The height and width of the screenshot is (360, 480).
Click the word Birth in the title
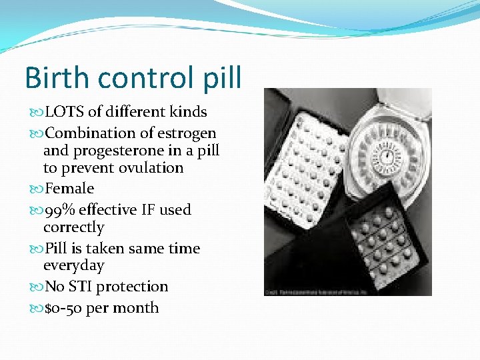point(57,78)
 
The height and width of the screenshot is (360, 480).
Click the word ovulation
point(150,168)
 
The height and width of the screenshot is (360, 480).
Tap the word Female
point(69,189)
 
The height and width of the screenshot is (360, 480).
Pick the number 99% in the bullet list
point(59,210)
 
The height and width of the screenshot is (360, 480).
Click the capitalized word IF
point(148,210)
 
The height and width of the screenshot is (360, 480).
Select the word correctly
point(73,227)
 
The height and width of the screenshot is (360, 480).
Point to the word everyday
point(73,265)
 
